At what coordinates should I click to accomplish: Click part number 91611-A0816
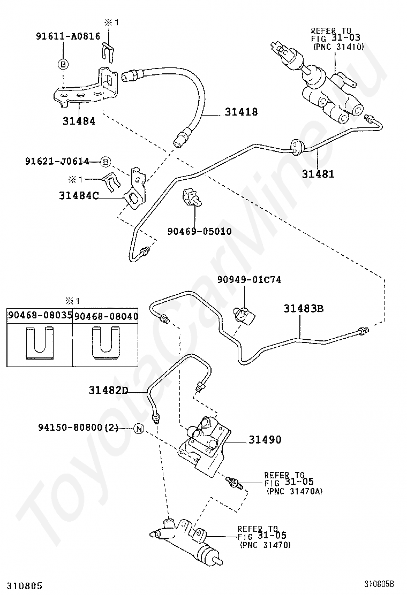(68, 36)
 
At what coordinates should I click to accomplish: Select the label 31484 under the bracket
(79, 121)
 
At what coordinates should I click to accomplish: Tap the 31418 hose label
(241, 112)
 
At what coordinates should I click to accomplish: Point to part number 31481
(318, 174)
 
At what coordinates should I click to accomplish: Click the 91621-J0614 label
(57, 161)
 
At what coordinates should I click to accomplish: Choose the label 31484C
(79, 195)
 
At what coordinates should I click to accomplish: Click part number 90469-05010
(200, 231)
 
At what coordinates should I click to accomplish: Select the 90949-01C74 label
(249, 280)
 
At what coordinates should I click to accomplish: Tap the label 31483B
(303, 309)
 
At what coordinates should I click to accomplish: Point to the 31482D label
(109, 390)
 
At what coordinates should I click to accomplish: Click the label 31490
(265, 440)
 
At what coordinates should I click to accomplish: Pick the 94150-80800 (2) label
(78, 428)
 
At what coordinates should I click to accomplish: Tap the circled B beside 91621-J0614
(105, 163)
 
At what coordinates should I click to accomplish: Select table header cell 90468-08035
(40, 316)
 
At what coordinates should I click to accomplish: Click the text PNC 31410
(339, 47)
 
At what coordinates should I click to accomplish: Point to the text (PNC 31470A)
(294, 491)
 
